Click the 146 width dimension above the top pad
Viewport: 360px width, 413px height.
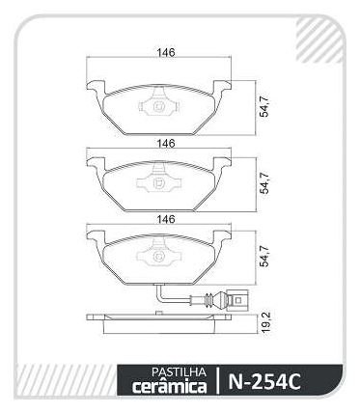coord(166,53)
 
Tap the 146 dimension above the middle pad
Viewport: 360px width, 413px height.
coord(166,144)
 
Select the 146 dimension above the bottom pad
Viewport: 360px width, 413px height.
coord(166,219)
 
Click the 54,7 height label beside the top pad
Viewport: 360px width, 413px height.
coord(265,106)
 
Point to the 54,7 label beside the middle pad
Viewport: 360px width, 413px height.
coord(265,183)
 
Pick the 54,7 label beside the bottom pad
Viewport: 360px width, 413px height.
coord(265,256)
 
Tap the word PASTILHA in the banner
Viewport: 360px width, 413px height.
coord(179,372)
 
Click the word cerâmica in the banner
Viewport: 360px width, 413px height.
coord(169,387)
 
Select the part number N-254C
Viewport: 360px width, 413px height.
coord(264,381)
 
